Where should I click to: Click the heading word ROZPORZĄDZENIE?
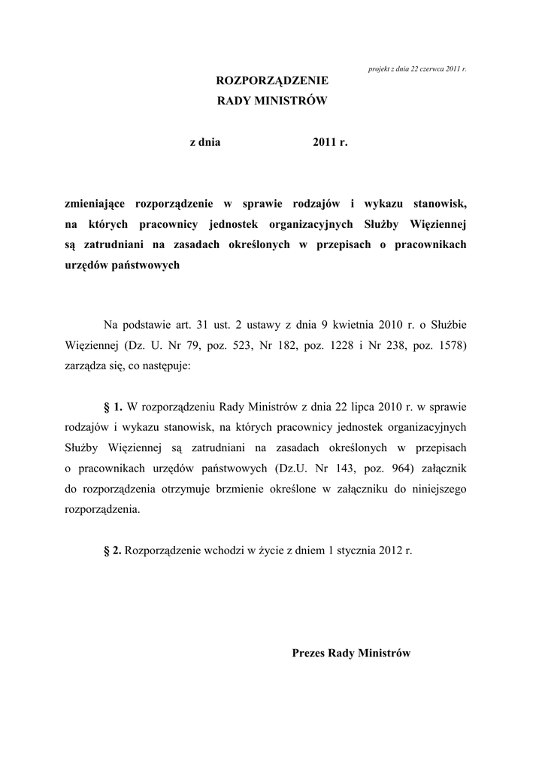(x=272, y=80)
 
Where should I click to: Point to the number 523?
(x=251, y=347)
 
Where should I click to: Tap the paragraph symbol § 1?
(x=113, y=408)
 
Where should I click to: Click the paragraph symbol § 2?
(x=113, y=550)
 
